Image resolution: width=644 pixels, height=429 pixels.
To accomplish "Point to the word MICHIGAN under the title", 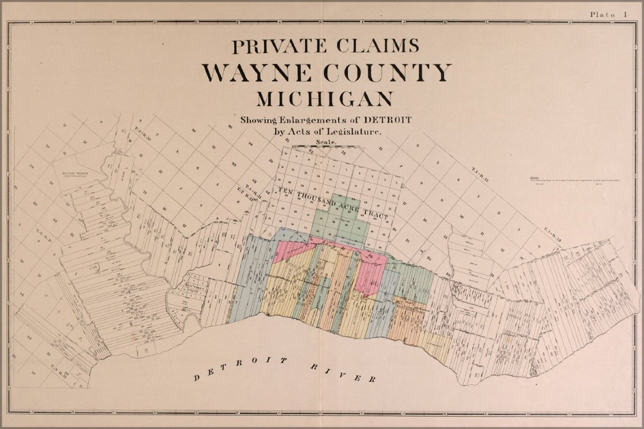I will click(324, 100).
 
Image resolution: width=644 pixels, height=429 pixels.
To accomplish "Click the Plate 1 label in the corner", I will click(609, 14).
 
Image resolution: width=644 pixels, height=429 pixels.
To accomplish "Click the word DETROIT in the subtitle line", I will click(389, 119).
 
